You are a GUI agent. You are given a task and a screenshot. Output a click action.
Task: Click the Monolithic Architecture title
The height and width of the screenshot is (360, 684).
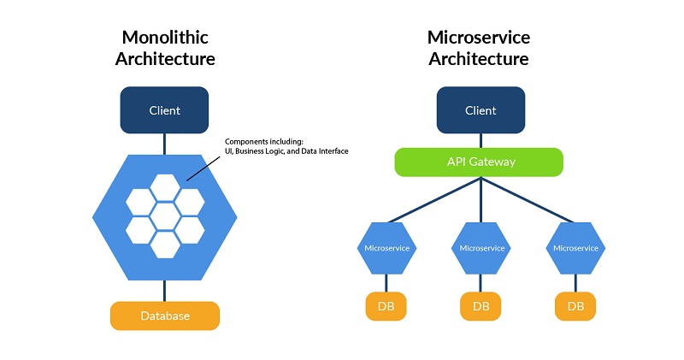tap(165, 48)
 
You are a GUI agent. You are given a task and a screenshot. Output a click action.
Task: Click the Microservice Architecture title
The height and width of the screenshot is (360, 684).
tap(478, 48)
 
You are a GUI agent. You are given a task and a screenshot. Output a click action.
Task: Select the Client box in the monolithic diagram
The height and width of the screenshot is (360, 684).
tap(165, 110)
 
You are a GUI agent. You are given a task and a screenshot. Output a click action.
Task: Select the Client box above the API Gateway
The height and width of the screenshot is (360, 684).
tap(480, 110)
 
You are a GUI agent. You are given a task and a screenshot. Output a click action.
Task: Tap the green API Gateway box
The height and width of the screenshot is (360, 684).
tap(479, 162)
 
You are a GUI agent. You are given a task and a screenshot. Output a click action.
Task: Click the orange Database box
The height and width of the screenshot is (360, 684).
tap(165, 316)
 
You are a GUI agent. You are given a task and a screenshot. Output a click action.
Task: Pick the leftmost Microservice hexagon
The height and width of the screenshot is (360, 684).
tap(386, 247)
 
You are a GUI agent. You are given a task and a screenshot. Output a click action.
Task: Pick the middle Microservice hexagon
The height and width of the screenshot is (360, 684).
tap(481, 247)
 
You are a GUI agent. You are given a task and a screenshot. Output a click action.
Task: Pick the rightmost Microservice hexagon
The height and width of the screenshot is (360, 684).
tap(575, 247)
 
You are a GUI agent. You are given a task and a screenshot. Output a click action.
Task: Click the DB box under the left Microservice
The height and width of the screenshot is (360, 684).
tap(386, 306)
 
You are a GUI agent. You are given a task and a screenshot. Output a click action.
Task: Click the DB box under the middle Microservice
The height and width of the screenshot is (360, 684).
tap(481, 306)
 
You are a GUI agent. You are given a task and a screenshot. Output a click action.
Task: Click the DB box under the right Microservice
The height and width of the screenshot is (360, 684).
tap(575, 306)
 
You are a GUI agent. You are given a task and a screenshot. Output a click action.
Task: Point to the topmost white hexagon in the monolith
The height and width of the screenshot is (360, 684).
tap(165, 187)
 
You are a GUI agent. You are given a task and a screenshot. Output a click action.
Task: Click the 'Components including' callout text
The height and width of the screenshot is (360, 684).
tap(286, 146)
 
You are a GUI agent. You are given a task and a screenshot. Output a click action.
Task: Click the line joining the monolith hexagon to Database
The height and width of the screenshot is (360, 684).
tap(165, 292)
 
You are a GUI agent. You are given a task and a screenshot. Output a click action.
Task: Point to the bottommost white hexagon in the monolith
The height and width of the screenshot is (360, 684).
tap(165, 243)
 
